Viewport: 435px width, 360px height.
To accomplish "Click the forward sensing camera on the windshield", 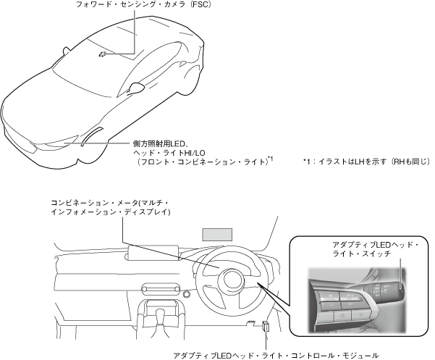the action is (x=104, y=54).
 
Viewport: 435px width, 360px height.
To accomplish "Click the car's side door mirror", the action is (x=134, y=88).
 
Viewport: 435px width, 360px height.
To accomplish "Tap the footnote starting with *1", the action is (x=366, y=162).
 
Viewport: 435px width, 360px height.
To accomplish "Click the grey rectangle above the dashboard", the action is (x=218, y=234).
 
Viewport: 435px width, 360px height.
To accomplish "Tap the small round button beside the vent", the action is (x=186, y=294).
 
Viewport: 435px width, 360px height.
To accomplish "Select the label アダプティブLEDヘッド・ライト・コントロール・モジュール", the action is (x=276, y=355).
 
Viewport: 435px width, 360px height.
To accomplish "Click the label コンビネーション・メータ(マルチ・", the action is (x=109, y=203).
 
